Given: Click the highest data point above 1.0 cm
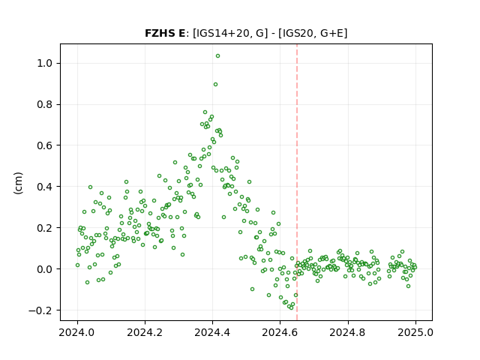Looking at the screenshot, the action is [217, 56].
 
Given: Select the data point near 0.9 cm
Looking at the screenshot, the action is [215, 85].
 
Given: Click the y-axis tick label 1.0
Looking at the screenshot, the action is [45, 63].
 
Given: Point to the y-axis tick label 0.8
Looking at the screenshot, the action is [45, 105].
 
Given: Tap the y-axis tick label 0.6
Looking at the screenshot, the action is [45, 145].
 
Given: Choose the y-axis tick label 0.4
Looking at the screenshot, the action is [45, 187].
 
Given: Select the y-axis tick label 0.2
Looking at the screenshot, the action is [45, 228].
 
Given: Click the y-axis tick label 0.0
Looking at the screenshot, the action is [45, 269].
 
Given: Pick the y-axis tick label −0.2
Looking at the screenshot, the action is [40, 310].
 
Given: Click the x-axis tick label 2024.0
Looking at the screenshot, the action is [77, 332].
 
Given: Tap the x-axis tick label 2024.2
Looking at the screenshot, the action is [145, 332].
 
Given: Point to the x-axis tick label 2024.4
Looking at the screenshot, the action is [212, 332].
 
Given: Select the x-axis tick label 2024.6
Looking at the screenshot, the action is [280, 332].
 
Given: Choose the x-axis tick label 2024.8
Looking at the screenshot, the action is [348, 332].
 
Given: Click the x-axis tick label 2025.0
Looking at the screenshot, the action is [415, 332].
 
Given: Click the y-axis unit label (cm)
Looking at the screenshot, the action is [18, 183].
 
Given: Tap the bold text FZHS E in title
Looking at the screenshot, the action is [165, 33].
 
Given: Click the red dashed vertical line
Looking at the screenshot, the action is [297, 182].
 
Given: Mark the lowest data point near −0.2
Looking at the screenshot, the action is [291, 307].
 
